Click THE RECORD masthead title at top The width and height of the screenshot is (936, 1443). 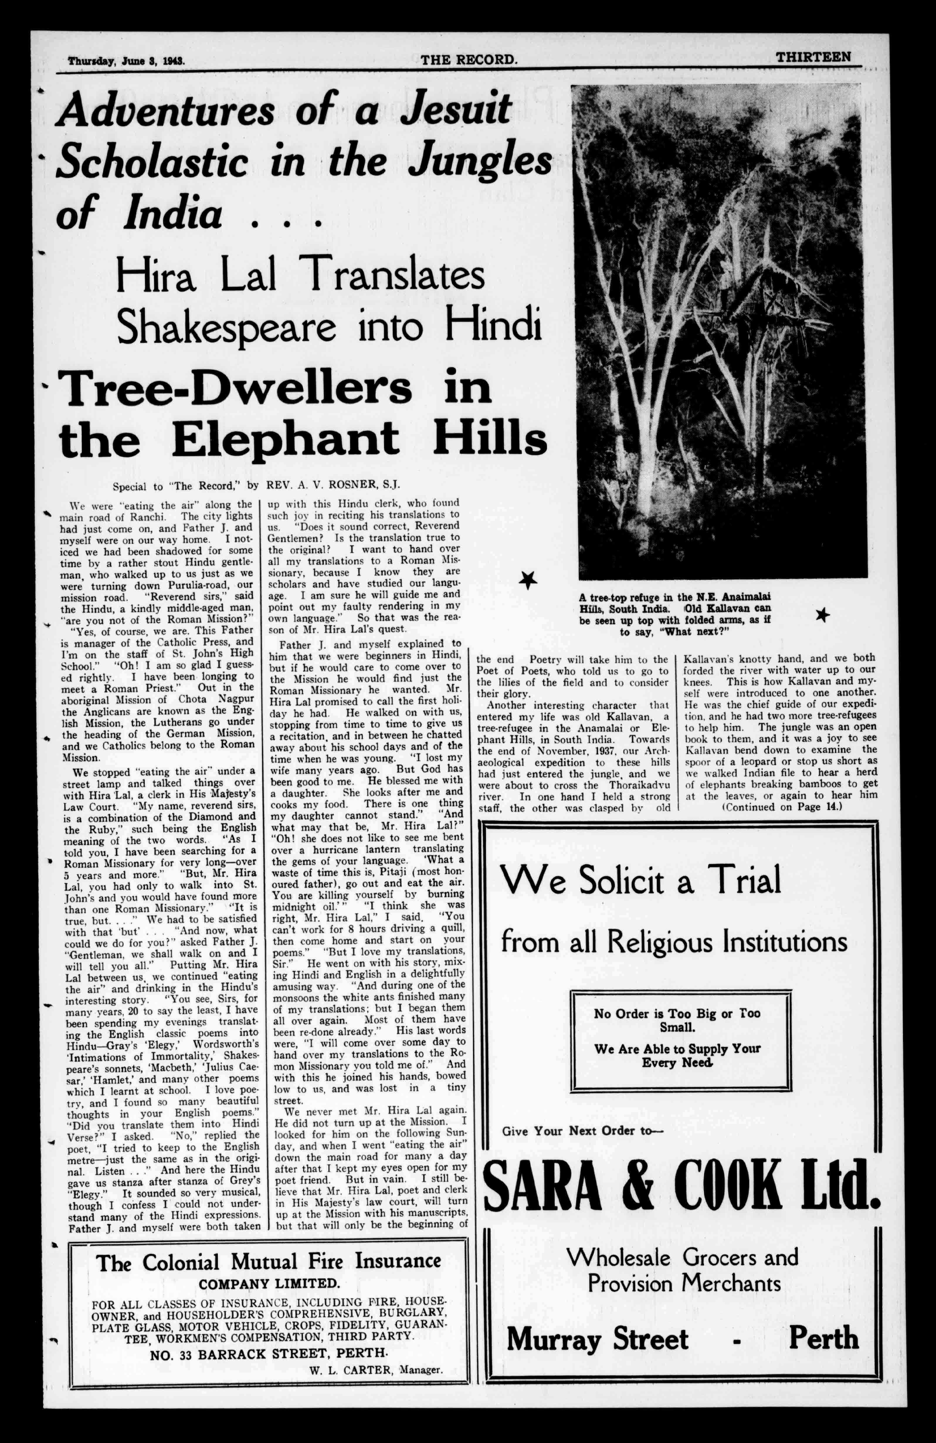click(469, 60)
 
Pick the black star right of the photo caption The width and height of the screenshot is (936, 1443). click(822, 615)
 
